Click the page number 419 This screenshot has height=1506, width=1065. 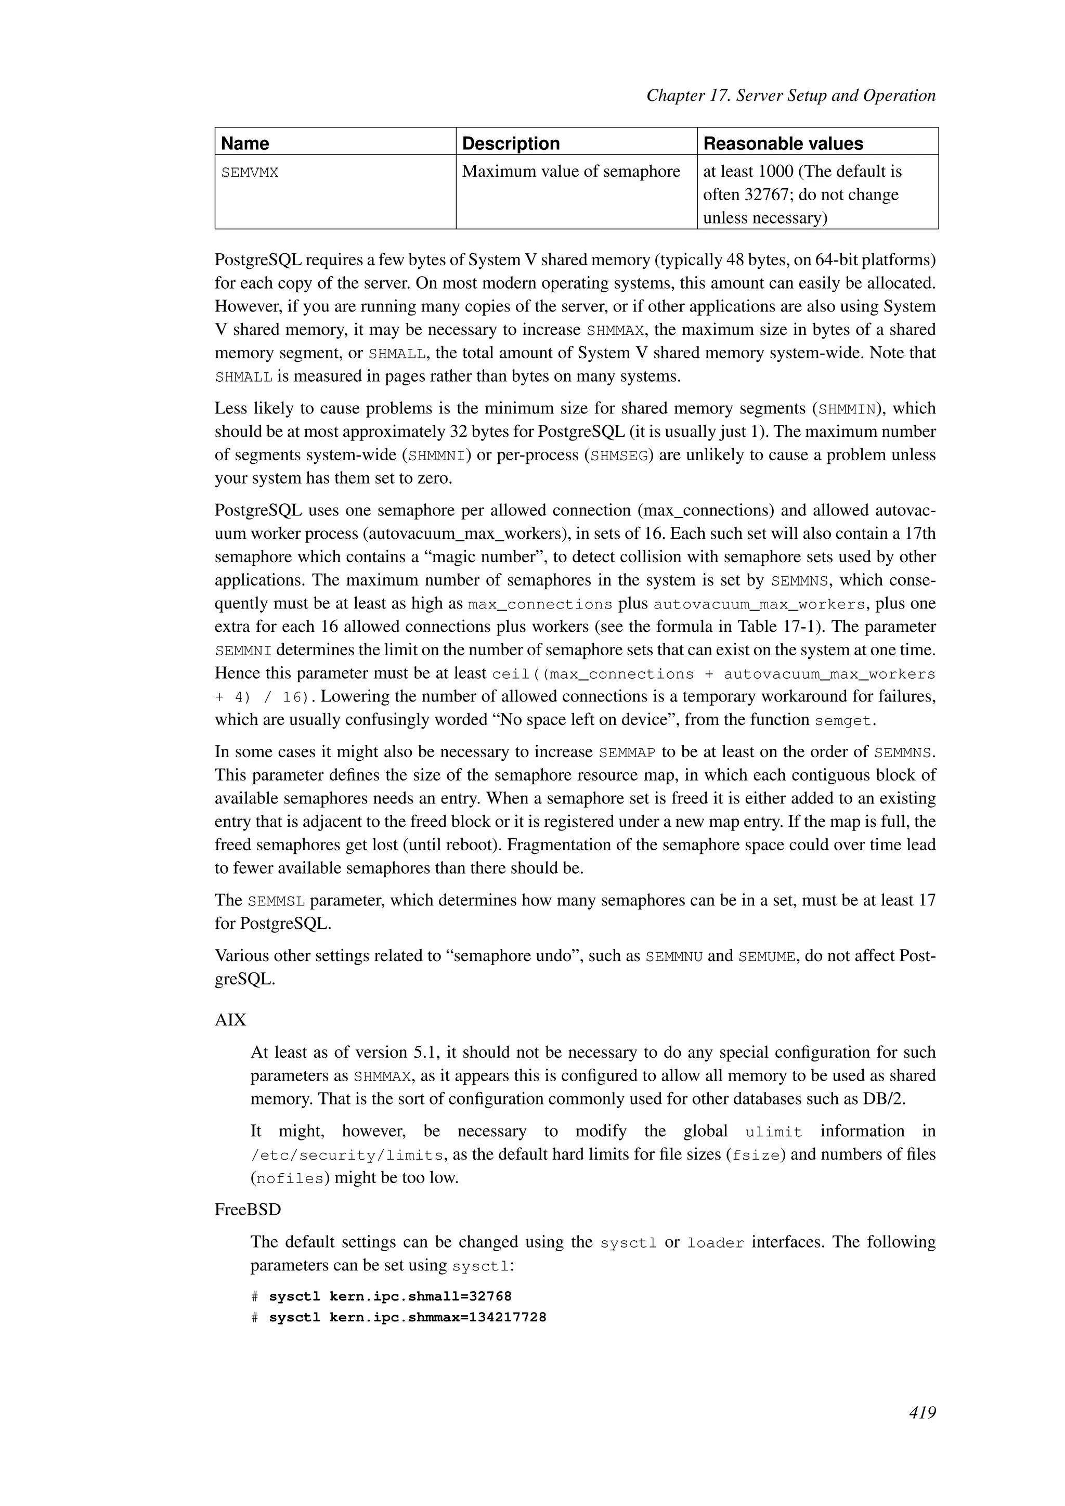click(922, 1413)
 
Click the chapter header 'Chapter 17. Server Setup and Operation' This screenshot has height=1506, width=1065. click(790, 96)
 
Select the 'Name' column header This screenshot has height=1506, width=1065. click(245, 143)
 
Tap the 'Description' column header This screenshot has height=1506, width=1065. click(510, 143)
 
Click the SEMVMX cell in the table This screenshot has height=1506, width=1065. click(250, 173)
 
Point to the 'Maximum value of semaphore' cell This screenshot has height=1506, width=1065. click(570, 172)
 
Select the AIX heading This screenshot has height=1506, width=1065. click(230, 1020)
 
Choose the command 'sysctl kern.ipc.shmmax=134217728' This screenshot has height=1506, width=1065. click(407, 1318)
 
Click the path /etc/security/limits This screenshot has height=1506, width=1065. click(347, 1155)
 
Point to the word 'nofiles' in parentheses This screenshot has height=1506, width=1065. click(289, 1179)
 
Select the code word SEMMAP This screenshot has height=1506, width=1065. click(628, 752)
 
